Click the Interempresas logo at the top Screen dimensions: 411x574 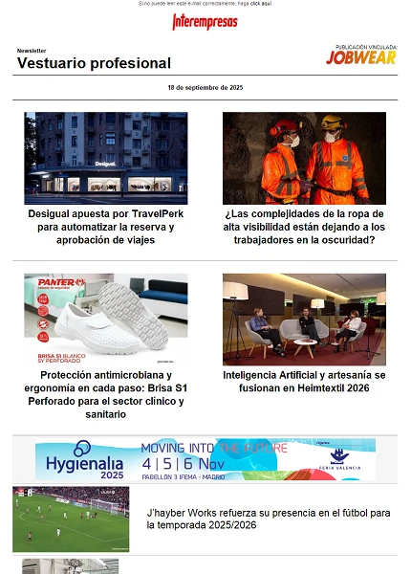[205, 22]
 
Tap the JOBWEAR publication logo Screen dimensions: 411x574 [361, 57]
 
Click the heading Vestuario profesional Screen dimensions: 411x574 [94, 63]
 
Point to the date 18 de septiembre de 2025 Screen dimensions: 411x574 [205, 87]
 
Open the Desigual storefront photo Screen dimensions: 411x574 [105, 158]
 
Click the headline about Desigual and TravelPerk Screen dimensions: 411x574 [105, 227]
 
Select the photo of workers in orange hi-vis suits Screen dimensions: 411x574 [304, 158]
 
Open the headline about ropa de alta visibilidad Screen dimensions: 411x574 [304, 227]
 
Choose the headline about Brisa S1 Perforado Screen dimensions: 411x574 [105, 395]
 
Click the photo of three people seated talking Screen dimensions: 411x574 [304, 320]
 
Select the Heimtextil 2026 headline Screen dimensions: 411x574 [304, 382]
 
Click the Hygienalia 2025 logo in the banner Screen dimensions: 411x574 [85, 461]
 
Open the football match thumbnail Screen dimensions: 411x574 [71, 519]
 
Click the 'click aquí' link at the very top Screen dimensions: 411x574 [261, 4]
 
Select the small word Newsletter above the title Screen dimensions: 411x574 [32, 50]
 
